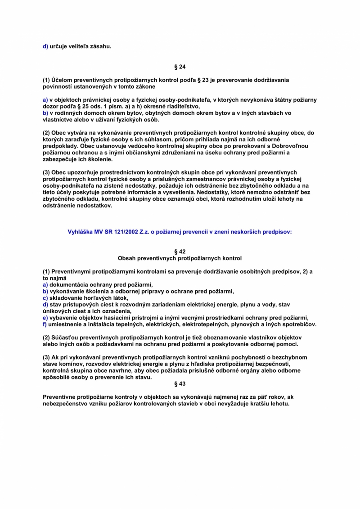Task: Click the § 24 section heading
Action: [x=180, y=67]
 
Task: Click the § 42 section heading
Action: [x=180, y=252]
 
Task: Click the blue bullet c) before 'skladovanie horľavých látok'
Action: [x=45, y=298]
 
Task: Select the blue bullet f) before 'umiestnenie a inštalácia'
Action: [x=45, y=324]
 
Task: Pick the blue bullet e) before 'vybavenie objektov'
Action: [x=45, y=318]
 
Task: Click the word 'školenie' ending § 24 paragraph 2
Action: [x=101, y=159]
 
